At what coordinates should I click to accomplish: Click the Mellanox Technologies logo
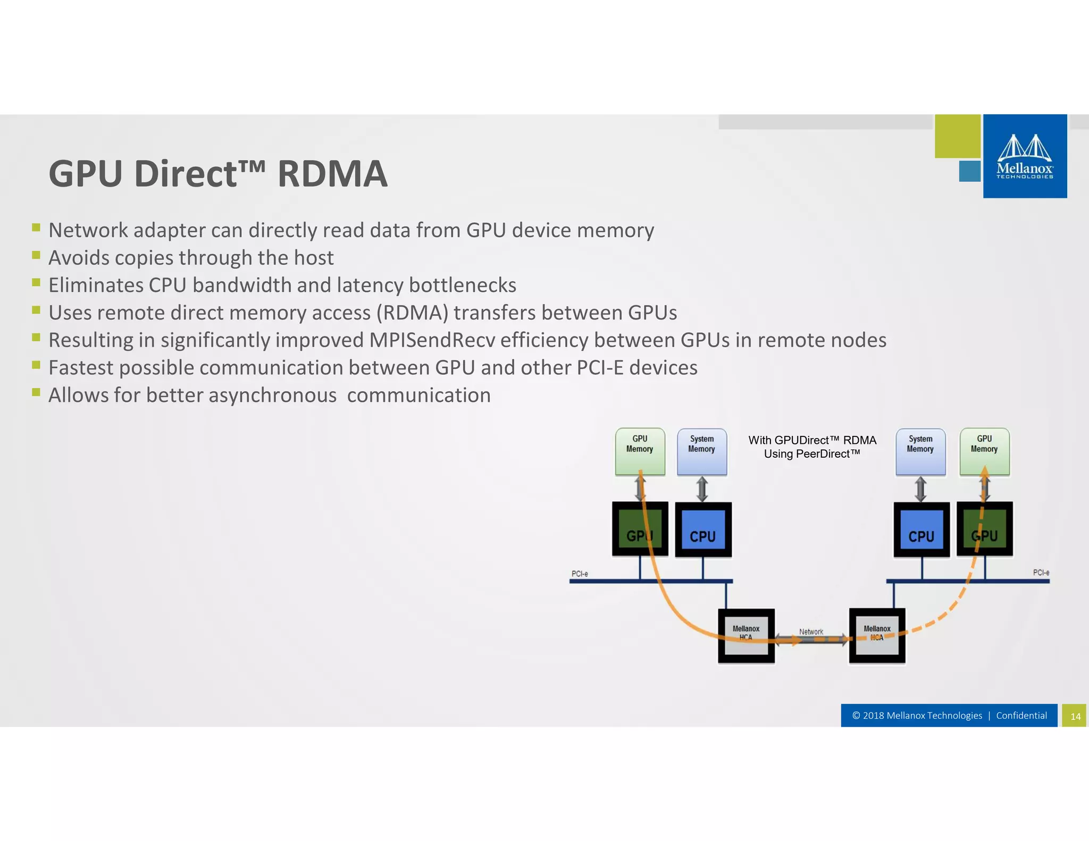tap(1025, 156)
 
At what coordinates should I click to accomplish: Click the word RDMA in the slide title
tap(332, 174)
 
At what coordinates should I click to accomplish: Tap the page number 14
tap(1075, 716)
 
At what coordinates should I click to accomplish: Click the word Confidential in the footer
tap(1021, 716)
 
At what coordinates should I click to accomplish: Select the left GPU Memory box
tap(640, 451)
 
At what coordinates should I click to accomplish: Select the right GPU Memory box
tap(984, 451)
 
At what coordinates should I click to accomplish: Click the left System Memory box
tap(701, 451)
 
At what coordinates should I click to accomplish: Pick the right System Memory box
tap(920, 451)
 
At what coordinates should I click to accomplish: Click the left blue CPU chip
tap(703, 529)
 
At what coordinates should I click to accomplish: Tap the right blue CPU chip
tap(922, 529)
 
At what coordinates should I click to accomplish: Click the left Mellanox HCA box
tap(746, 636)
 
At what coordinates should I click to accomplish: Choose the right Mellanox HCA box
tap(877, 636)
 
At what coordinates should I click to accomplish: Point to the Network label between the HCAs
tap(811, 632)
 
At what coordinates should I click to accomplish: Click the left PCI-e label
tap(580, 574)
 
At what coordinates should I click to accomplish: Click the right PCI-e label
tap(1041, 573)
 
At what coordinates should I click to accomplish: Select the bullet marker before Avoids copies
tap(36, 255)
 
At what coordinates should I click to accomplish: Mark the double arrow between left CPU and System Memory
tap(702, 489)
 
